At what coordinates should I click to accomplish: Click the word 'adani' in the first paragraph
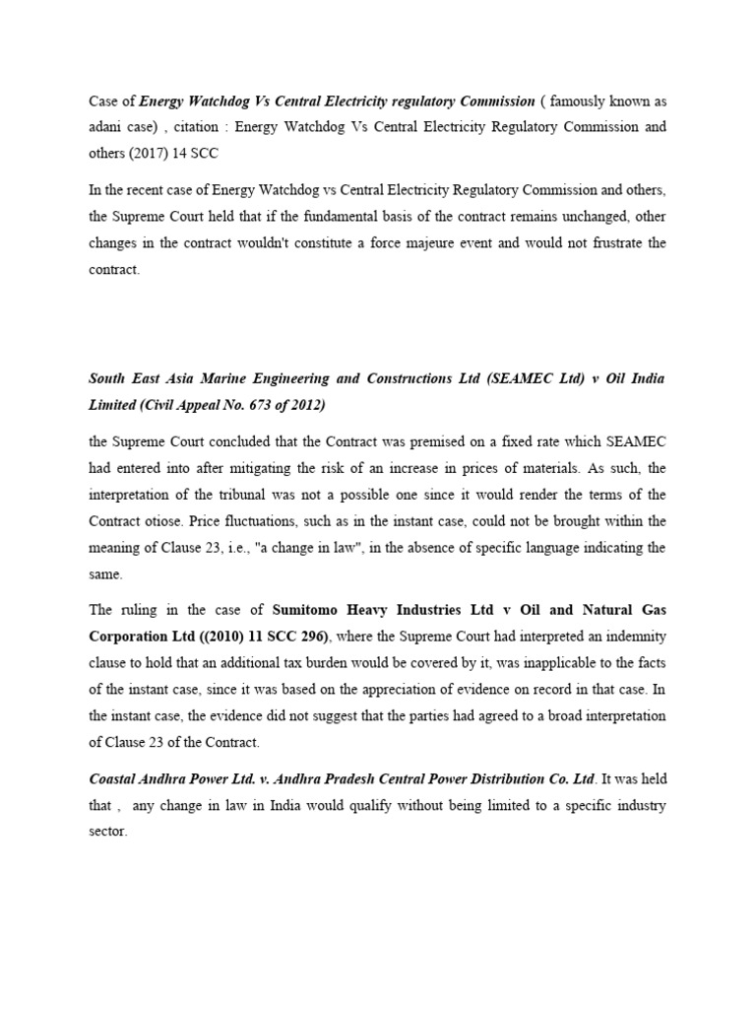(104, 127)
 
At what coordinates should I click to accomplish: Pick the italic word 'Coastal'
(113, 779)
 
